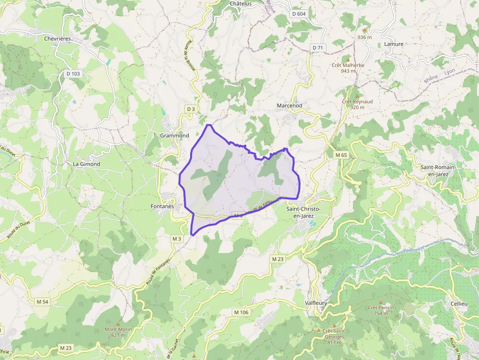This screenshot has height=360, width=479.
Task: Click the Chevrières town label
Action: click(58, 39)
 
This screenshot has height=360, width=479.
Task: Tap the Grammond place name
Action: click(174, 135)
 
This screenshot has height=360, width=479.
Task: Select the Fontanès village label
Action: click(162, 207)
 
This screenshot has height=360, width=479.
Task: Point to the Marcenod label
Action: click(289, 106)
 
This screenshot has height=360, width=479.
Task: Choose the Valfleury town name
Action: click(315, 303)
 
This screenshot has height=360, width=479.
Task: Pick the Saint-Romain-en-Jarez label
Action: click(438, 170)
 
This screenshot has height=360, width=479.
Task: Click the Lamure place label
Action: click(394, 44)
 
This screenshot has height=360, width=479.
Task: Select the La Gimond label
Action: click(87, 164)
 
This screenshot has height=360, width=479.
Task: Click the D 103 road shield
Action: click(73, 74)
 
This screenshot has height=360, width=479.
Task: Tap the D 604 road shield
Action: click(299, 14)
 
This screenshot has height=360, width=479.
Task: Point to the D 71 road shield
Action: click(318, 47)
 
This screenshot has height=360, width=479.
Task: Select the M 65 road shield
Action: click(341, 155)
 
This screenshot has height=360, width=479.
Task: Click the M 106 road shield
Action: click(241, 312)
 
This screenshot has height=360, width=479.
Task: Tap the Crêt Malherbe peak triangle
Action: click(348, 59)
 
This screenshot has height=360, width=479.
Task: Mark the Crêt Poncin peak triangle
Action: click(381, 302)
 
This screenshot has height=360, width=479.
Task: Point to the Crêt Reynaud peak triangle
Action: click(357, 95)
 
